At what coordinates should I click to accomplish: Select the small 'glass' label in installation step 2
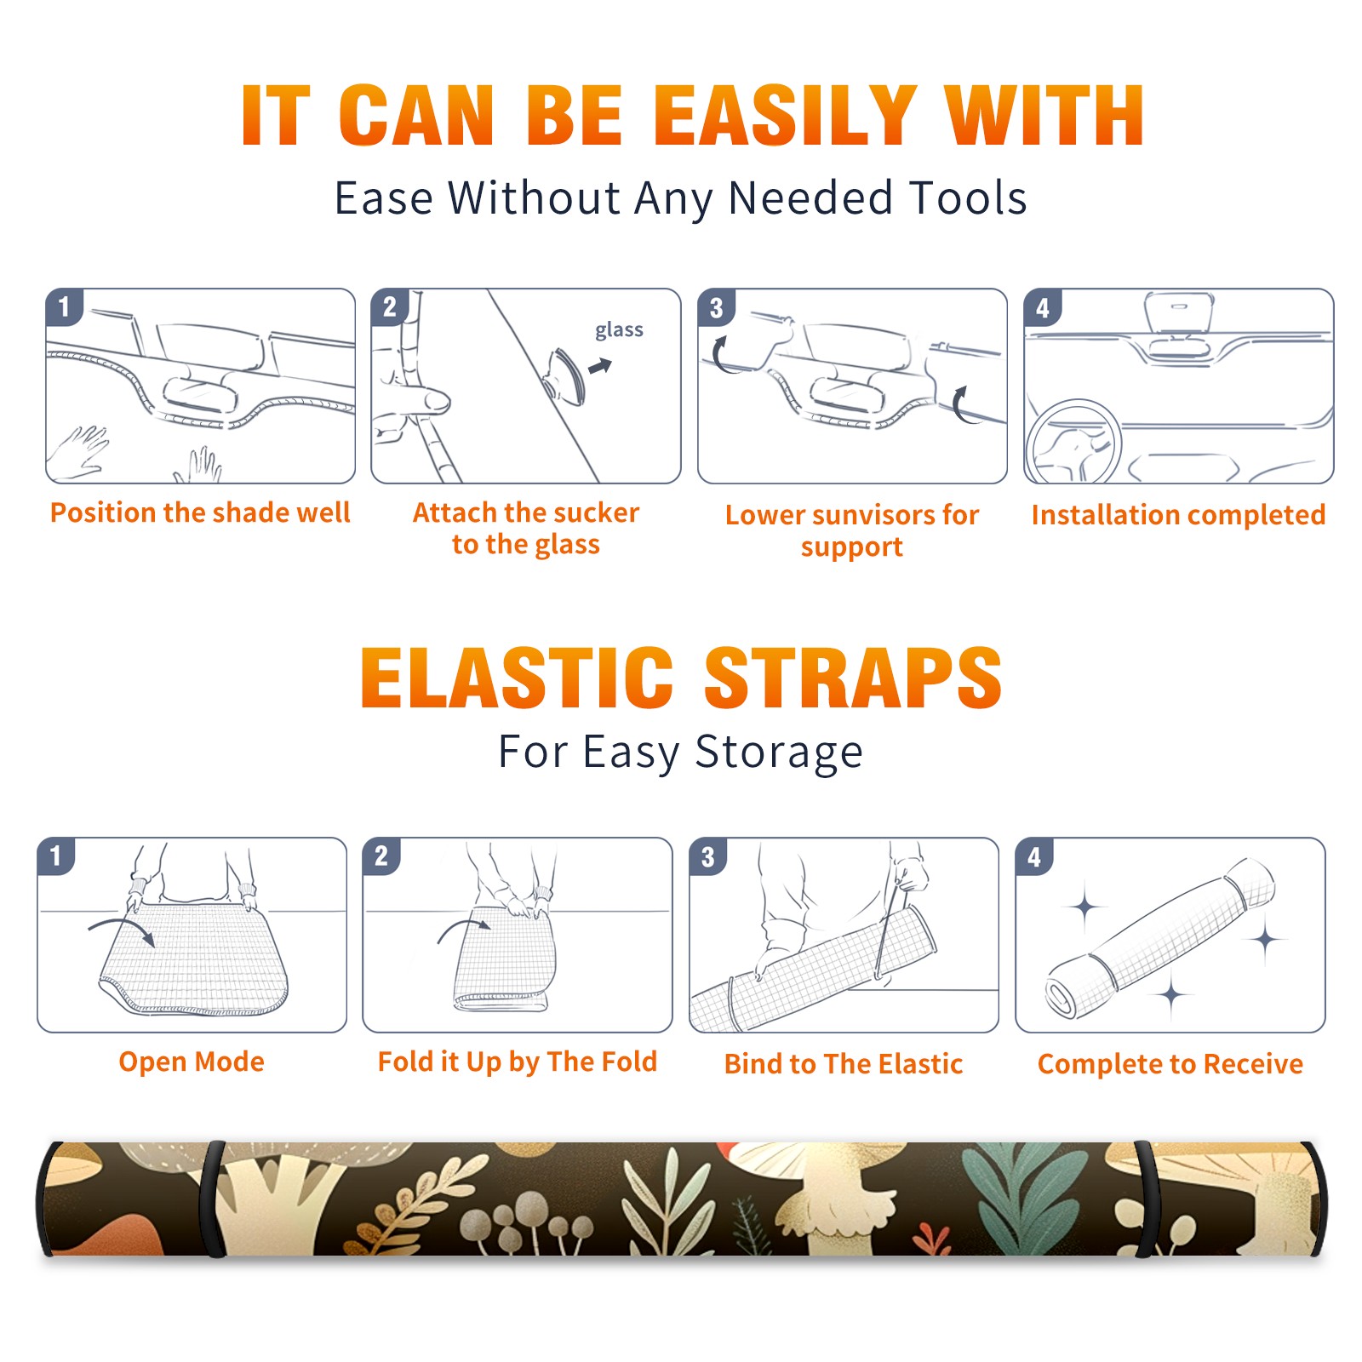[619, 329]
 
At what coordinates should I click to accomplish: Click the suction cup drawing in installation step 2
[566, 375]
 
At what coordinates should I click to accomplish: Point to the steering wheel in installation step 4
[1073, 441]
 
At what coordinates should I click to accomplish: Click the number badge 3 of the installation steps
[716, 307]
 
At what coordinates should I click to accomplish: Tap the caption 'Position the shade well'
[200, 512]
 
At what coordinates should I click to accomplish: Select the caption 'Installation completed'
[1178, 514]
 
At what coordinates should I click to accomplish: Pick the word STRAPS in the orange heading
[853, 678]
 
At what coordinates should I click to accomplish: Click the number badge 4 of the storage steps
[1034, 856]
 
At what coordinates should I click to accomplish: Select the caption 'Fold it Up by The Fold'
[518, 1062]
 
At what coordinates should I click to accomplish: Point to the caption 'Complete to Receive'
[1170, 1064]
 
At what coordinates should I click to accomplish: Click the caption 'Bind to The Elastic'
[844, 1064]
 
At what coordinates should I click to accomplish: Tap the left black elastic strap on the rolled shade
[213, 1199]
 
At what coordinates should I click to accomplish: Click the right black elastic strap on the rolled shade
[1145, 1199]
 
